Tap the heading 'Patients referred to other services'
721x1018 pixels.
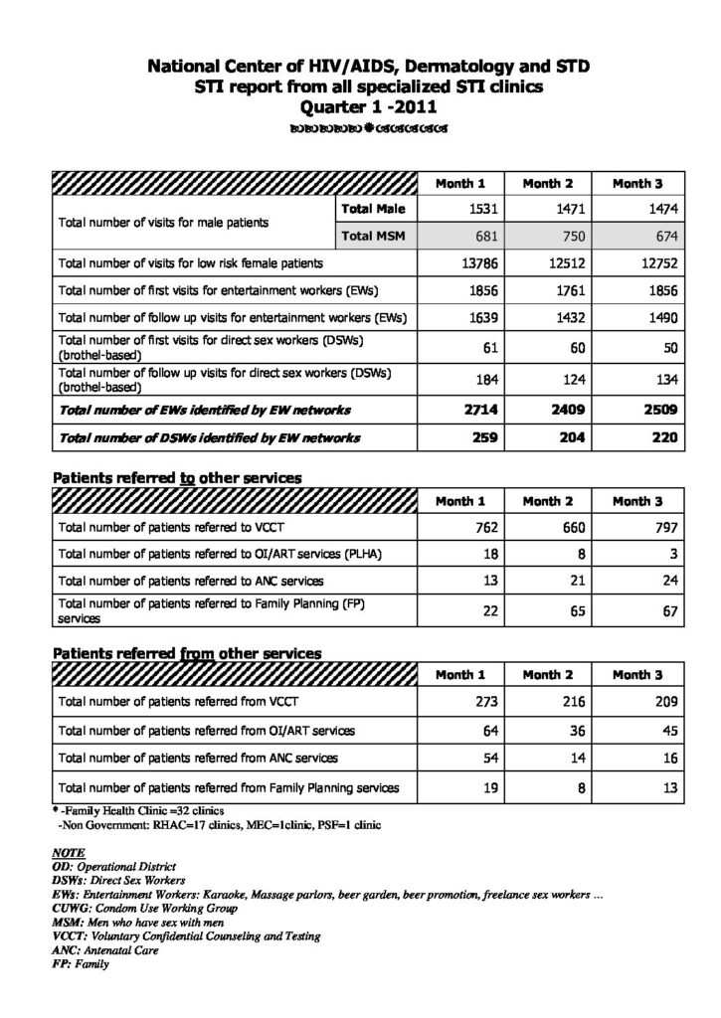coord(176,478)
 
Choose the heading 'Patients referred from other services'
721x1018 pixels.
coord(186,653)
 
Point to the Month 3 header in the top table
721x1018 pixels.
coord(637,183)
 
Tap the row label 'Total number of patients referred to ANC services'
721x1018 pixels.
coord(191,581)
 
